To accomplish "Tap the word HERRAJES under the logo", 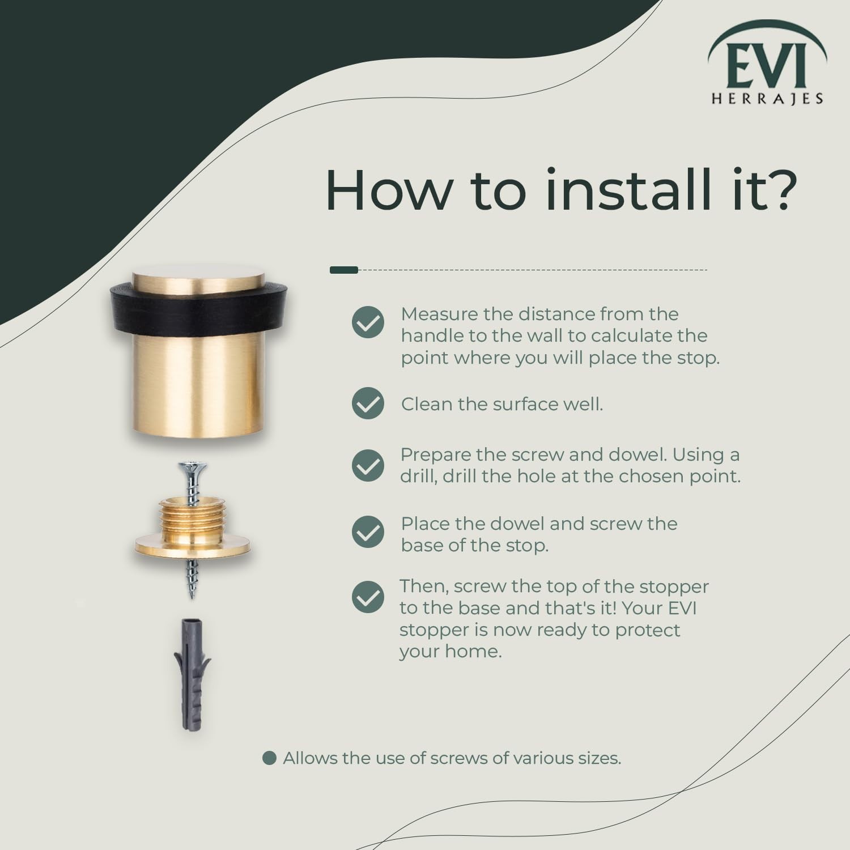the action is [767, 99].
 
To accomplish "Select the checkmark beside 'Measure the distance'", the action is [368, 322].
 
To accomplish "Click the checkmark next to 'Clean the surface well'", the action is [368, 403].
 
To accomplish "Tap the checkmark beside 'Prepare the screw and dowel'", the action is [368, 465].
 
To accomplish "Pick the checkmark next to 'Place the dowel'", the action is [368, 532].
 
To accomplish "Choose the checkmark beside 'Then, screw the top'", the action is [368, 597].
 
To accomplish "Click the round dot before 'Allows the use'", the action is [270, 758].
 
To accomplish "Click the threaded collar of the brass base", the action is [193, 518].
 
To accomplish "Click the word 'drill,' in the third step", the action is [419, 476].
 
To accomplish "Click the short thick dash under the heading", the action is [344, 270].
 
